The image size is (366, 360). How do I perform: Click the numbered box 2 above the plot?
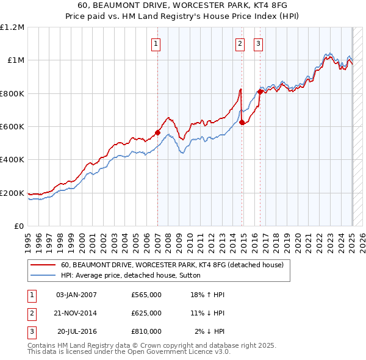(240, 43)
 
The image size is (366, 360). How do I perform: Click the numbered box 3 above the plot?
(259, 43)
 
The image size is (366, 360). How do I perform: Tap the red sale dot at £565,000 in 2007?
(157, 132)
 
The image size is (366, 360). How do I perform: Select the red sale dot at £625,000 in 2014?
(242, 123)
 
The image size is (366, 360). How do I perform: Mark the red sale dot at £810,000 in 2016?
(260, 92)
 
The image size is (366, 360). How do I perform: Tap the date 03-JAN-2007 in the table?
(76, 295)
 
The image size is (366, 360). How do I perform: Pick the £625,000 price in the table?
(146, 313)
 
